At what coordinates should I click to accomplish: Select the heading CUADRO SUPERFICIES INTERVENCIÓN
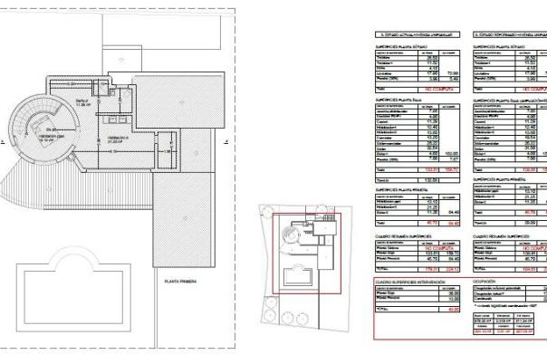pyautogui.click(x=410, y=283)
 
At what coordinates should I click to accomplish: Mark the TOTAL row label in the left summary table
pyautogui.click(x=381, y=269)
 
